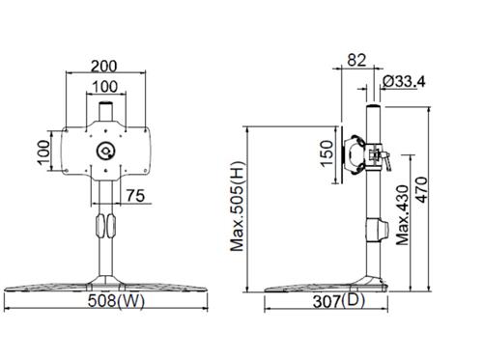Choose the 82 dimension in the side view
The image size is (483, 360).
[355, 61]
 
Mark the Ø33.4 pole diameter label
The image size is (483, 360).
[406, 81]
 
